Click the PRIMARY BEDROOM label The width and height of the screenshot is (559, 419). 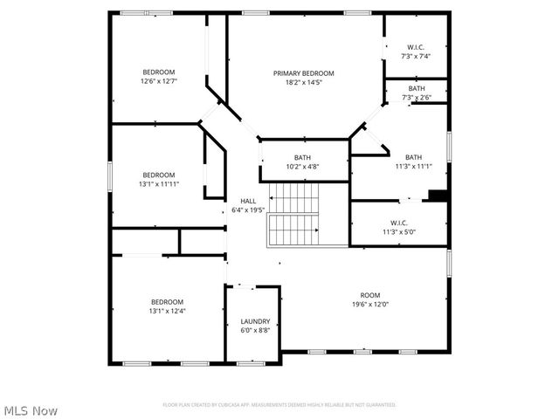tap(303, 73)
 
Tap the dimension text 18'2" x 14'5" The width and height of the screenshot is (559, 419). tap(303, 83)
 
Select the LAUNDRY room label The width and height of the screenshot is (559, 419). tap(255, 321)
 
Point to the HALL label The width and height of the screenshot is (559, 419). tap(247, 202)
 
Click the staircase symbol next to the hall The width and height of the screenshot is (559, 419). tap(294, 215)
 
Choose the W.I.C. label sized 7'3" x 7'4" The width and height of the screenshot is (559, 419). tap(416, 46)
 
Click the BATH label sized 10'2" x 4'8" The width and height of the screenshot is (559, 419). tap(302, 157)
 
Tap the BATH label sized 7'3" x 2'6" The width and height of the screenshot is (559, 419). tap(417, 88)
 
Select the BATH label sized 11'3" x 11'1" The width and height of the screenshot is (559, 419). tap(413, 157)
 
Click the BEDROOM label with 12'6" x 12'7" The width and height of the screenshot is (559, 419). tap(159, 72)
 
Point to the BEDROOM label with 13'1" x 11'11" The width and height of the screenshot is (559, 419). tap(159, 175)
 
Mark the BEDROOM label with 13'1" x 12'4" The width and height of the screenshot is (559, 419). tap(168, 301)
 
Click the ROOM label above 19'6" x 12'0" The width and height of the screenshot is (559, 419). tap(370, 295)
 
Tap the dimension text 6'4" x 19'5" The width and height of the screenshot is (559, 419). tap(247, 210)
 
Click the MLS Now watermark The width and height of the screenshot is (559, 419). tap(31, 409)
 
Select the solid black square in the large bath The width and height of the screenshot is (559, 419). tap(438, 196)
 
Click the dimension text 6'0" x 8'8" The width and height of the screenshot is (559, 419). tap(255, 330)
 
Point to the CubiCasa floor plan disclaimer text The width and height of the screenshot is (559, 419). tap(279, 405)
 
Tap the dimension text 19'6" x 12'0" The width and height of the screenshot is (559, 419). tap(370, 305)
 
